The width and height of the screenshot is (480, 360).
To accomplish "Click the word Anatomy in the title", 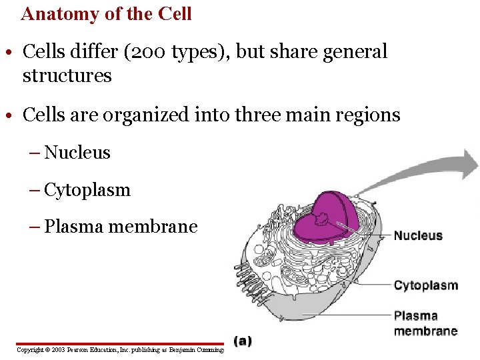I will click(63, 13).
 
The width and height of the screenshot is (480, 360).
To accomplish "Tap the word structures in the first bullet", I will click(67, 75).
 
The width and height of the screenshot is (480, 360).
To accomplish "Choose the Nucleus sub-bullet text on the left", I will click(77, 153).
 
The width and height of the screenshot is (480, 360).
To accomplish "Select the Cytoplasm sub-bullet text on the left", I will click(87, 190).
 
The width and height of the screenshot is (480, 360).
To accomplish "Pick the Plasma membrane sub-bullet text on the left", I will click(121, 227).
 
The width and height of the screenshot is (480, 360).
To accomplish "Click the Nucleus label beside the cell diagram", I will click(418, 235).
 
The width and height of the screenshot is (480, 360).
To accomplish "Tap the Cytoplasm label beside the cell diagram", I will click(425, 285).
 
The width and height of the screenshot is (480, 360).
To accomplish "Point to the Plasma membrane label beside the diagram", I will click(425, 323).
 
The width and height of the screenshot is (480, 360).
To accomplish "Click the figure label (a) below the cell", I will click(243, 341).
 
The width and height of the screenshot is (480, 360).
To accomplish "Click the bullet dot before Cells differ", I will click(12, 52).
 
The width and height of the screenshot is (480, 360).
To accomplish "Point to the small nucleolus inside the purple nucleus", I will click(323, 218).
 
